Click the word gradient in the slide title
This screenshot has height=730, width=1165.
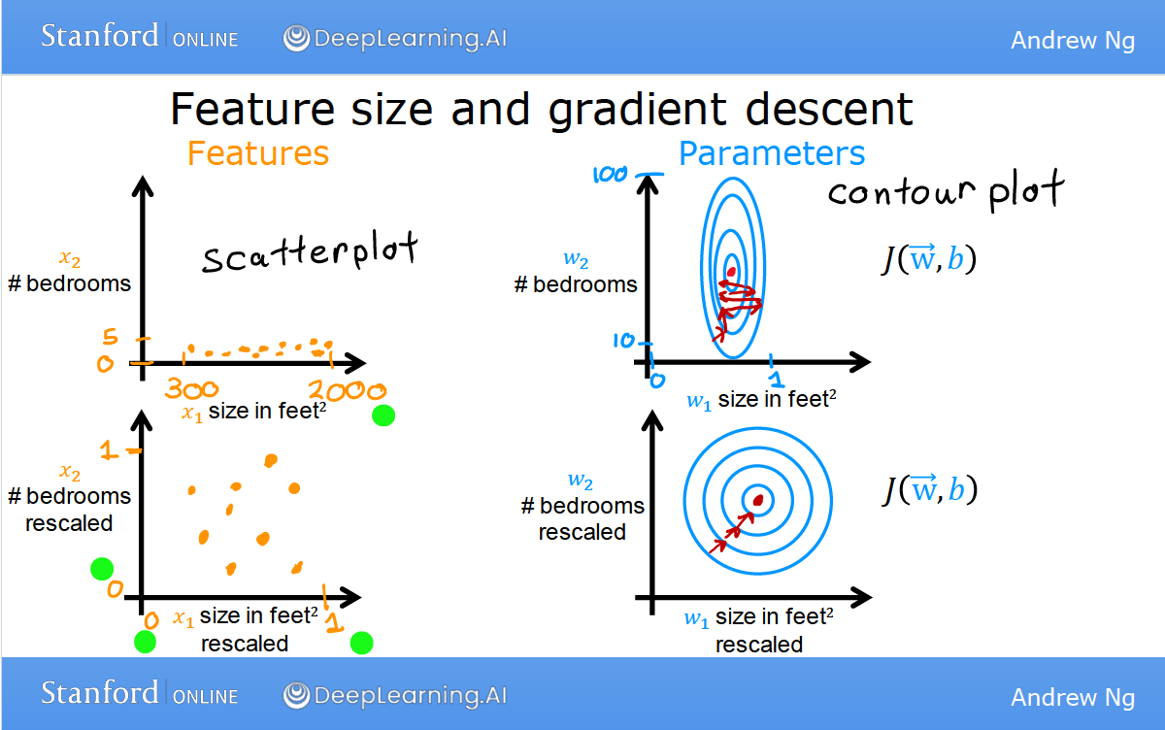coord(637,111)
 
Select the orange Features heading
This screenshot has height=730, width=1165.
coord(258,153)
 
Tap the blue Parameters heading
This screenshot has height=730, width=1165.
coord(772,153)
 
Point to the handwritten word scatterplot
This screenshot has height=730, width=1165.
coord(310,252)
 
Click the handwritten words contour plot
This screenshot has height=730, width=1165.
coord(946,190)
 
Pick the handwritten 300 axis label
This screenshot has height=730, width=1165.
coord(192,388)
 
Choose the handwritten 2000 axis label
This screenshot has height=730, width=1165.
coord(347,390)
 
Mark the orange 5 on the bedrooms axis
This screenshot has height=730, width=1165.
coord(111,337)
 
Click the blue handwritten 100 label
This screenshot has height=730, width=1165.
coord(610,175)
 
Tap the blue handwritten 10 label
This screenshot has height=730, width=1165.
coord(623,341)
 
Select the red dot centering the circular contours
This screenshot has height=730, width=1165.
coord(758,500)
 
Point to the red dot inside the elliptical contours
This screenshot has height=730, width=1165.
coord(731,272)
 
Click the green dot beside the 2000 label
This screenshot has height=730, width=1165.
coord(383,415)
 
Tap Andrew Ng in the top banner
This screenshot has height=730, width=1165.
coord(1073,40)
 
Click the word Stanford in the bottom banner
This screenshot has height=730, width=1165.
coord(100,692)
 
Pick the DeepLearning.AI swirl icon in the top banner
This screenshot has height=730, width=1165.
coord(296,38)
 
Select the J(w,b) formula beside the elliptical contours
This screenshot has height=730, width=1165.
coord(929,259)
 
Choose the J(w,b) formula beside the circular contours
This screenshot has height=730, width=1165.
coord(930,490)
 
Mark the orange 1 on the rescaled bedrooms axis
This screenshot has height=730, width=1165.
coord(109,450)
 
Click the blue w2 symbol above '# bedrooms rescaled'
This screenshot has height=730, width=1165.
coord(580,481)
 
